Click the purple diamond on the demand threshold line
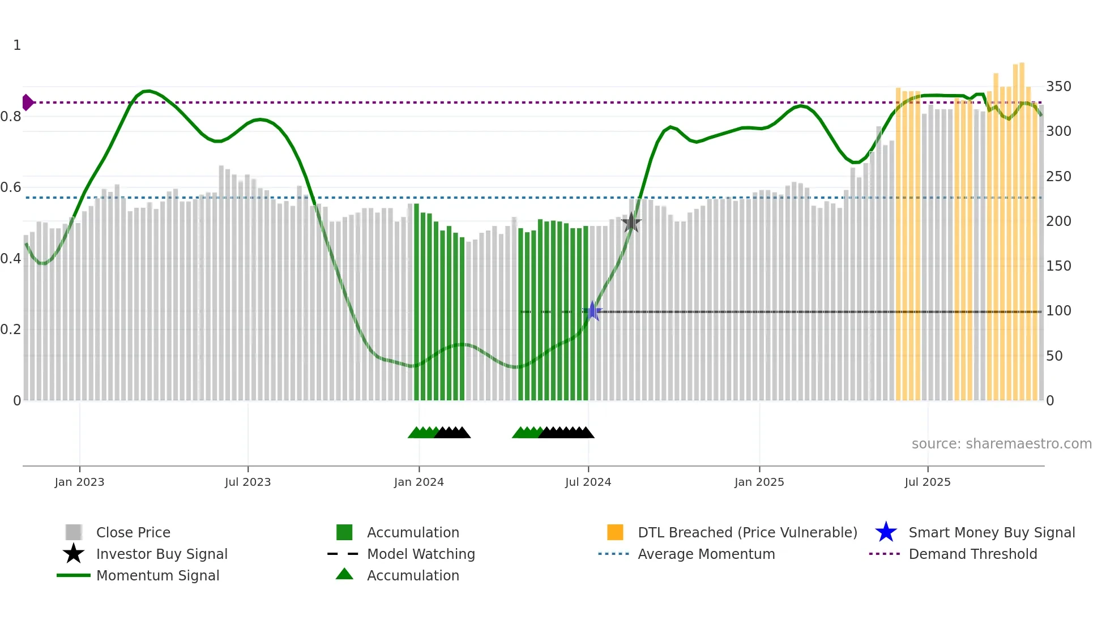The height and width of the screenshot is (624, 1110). coord(27,102)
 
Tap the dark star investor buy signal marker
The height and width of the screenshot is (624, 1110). coord(631,223)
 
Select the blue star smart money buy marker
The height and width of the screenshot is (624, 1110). coord(592,311)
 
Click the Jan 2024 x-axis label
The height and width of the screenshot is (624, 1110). coord(419,482)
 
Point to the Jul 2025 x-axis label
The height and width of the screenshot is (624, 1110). coord(927,482)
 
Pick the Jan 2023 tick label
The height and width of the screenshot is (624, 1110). coord(79,482)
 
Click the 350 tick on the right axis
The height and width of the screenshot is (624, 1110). coord(1058,87)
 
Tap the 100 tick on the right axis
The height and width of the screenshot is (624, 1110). coord(1058,311)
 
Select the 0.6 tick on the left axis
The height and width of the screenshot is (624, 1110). coord(11,187)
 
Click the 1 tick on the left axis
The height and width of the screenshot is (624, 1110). coord(17,45)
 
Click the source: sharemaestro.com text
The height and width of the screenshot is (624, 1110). coord(1001,444)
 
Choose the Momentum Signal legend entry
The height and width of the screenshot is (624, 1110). coord(157,576)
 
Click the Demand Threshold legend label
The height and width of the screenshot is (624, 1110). coord(972,554)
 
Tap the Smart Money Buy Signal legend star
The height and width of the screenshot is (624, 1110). coord(886,532)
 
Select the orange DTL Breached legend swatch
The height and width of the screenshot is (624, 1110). coord(615,532)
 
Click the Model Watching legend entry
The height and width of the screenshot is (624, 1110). coord(421,554)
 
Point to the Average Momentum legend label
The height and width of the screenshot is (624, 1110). coord(706,554)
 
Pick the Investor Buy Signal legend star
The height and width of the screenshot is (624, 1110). coord(74,554)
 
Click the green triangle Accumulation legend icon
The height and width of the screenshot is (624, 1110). coord(344,575)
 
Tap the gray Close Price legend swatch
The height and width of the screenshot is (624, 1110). coord(74,532)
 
